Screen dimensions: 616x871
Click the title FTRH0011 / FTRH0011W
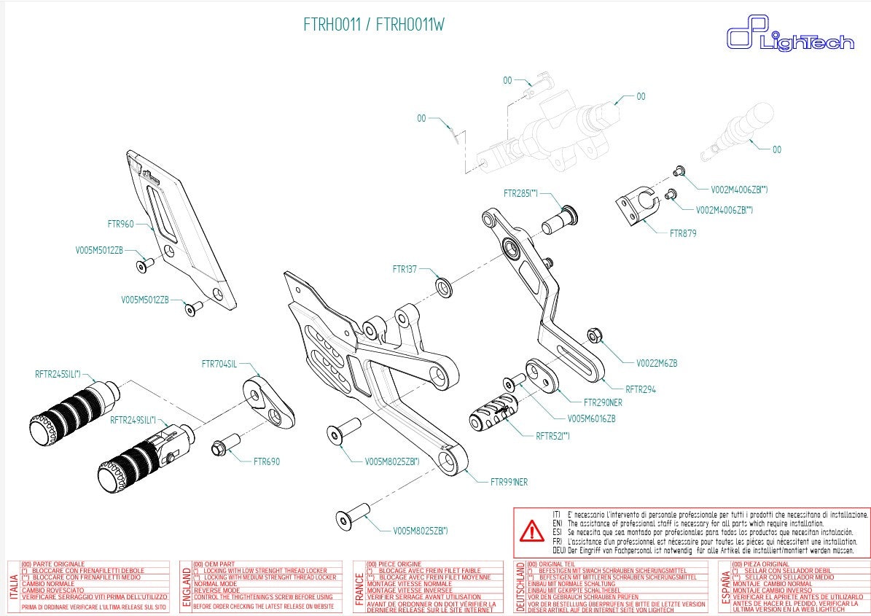point(373,25)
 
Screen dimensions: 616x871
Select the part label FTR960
point(120,224)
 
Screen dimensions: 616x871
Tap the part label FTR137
point(405,269)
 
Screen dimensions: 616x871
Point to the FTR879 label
point(683,234)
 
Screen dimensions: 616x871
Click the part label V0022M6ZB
point(656,362)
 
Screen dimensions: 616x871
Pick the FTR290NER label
point(603,402)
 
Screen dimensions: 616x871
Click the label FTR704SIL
point(219,364)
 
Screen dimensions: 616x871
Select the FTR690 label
point(266,461)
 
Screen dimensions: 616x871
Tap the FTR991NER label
point(509,482)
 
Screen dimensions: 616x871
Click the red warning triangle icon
point(531,531)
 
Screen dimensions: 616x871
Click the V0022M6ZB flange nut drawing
point(593,336)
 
